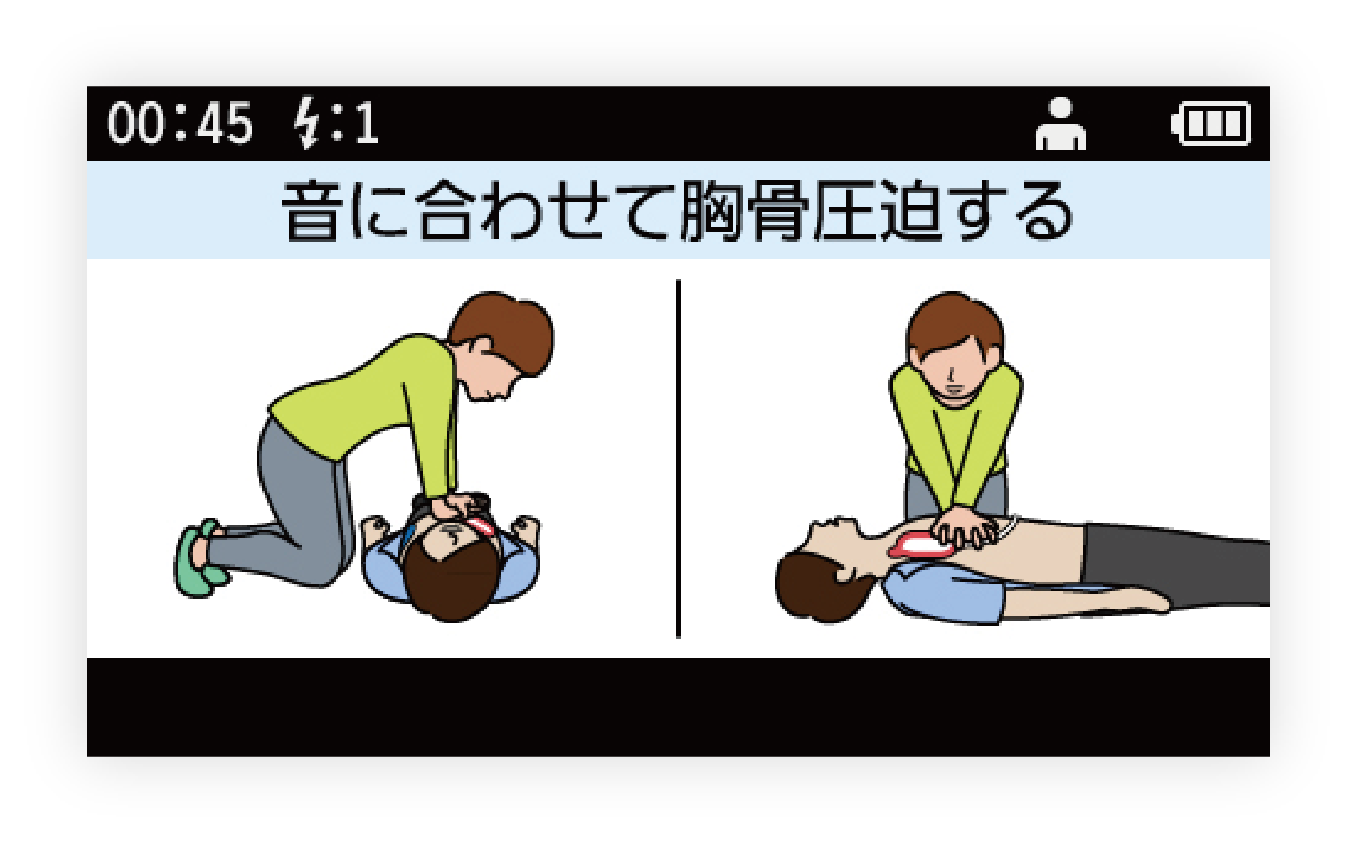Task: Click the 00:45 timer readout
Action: tap(180, 123)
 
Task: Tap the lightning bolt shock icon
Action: tap(307, 122)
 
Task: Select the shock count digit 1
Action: tap(366, 123)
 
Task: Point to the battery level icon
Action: tap(1211, 124)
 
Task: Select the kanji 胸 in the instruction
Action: tap(712, 211)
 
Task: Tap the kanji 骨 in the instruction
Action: tap(779, 211)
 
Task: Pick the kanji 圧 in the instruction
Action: tap(844, 211)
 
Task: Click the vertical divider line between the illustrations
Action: tap(679, 458)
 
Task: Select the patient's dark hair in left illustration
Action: tap(452, 583)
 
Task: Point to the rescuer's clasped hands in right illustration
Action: tap(964, 527)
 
